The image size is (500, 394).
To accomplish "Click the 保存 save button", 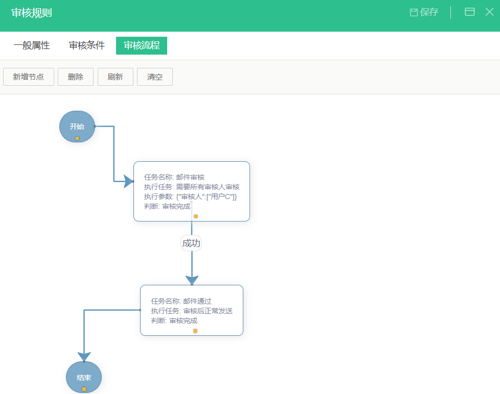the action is pos(424,12).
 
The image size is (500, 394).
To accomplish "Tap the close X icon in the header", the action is pos(489,12).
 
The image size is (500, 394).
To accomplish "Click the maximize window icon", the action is pos(470,12).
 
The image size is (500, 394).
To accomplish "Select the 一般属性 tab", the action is pos(32,45).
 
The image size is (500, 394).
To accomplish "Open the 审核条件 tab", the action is pos(87,45).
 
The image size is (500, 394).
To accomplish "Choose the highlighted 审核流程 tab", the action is pos(142,45).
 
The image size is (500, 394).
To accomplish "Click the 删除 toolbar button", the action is pos(76,77).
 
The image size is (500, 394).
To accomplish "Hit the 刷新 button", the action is pos(116,77).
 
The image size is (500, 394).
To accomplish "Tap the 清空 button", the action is pos(155,77).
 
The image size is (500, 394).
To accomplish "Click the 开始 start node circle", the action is pos(77,127).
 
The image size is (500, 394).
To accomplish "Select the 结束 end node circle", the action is pos(84,377).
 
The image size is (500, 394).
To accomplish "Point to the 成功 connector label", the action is pos(191,243).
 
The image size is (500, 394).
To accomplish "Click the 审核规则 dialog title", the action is pos(32,13).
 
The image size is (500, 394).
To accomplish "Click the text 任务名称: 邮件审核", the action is pos(174,177).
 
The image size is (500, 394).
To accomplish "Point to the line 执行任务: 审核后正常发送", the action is pos(192,311).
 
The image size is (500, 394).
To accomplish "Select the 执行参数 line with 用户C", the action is pos(190,196).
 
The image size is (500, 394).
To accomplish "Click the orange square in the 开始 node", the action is pos(77,138).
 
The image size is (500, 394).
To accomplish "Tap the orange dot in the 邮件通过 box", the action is pos(195,331).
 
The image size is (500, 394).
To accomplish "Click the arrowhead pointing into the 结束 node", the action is pos(84,357).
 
